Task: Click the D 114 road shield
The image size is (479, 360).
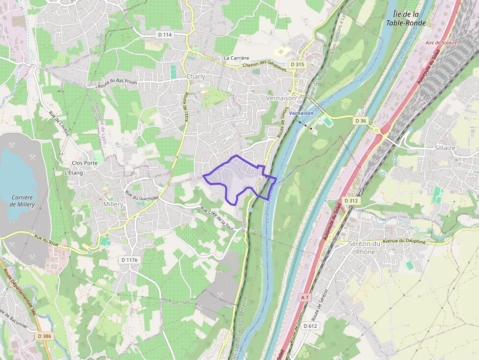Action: click(165, 35)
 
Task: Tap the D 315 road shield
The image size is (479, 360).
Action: click(297, 64)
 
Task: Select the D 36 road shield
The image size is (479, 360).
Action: click(361, 121)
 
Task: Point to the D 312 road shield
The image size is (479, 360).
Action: click(351, 201)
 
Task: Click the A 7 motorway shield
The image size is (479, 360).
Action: click(305, 297)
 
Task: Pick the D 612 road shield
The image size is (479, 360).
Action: click(310, 326)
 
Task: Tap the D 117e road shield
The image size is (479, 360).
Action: click(130, 260)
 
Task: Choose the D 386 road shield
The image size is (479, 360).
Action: click(44, 336)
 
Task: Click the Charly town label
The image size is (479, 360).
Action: click(196, 77)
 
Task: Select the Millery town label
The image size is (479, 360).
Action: click(113, 204)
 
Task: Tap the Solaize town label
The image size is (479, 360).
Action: click(445, 148)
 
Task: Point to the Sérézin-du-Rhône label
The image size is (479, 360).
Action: click(365, 247)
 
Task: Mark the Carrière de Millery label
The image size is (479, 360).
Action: click(22, 201)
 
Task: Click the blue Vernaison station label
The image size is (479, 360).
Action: click(301, 113)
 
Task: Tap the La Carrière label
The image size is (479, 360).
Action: click(237, 58)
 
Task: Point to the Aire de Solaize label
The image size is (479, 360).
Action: click(441, 43)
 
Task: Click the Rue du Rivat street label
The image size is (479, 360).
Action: click(46, 237)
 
